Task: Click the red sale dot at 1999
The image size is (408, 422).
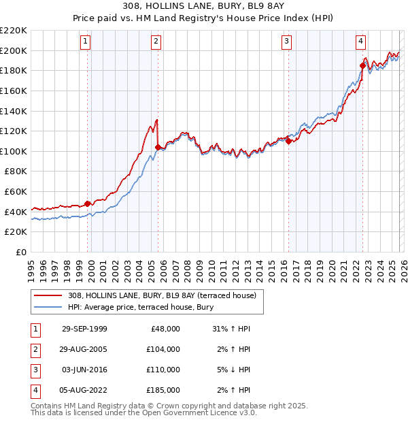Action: tap(88, 204)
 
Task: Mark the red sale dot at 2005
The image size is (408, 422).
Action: tap(158, 147)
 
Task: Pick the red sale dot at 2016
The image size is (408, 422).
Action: tap(288, 141)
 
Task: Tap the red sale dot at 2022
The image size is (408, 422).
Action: tap(362, 65)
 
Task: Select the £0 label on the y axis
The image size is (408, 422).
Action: tap(20, 252)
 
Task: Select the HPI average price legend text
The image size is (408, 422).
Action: tap(141, 307)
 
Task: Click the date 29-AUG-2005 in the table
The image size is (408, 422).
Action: tap(84, 349)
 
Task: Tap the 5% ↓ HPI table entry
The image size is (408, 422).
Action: tap(231, 370)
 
